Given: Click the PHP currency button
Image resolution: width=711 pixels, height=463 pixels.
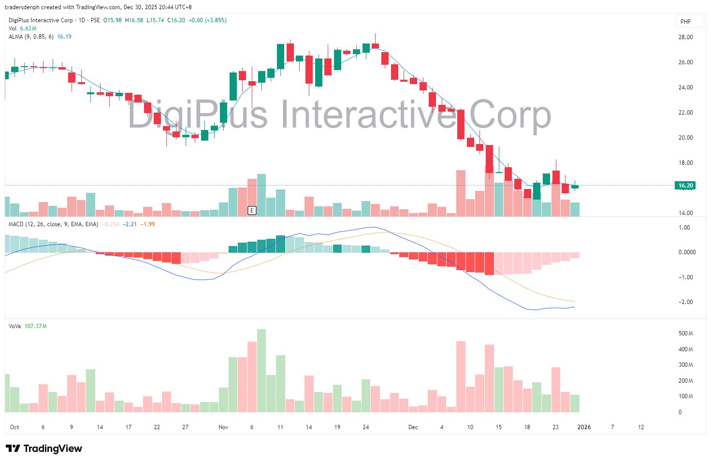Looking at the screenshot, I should [685, 21].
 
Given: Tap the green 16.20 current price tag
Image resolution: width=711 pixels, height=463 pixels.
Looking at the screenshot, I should [685, 186].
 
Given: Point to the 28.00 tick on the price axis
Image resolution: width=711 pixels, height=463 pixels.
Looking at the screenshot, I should [685, 37].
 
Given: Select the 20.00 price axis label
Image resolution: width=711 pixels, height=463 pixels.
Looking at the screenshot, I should [685, 138].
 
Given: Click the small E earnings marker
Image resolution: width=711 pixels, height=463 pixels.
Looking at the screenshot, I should [252, 210].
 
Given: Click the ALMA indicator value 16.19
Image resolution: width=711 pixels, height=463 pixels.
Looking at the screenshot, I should [64, 37].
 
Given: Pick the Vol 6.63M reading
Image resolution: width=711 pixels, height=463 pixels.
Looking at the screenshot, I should [28, 29].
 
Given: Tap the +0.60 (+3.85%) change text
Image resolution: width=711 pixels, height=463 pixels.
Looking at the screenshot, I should [207, 20].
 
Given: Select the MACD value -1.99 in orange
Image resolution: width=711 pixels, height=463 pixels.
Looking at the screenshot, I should [148, 224].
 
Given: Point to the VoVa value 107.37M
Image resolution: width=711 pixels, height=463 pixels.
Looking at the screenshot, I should [35, 326].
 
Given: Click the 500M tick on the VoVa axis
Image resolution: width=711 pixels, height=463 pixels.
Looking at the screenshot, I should [685, 333].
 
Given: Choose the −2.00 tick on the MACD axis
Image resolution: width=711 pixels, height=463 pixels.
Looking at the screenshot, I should [685, 302].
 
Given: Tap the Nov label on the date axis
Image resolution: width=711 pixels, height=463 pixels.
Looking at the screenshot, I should [223, 427].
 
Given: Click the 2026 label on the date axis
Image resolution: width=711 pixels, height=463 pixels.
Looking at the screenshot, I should [584, 427].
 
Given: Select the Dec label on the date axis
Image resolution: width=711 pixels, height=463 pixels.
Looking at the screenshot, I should [413, 427].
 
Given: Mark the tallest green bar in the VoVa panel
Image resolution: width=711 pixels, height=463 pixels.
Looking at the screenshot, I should [261, 370].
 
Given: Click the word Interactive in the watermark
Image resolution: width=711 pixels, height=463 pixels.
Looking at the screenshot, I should [369, 115].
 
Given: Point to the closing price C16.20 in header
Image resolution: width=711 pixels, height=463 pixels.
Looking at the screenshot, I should [176, 20].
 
